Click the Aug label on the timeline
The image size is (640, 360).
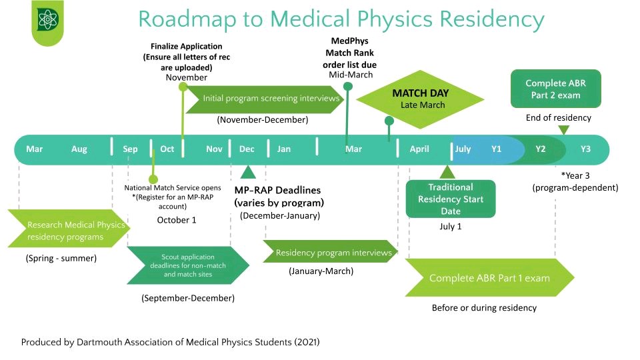pyautogui.click(x=79, y=149)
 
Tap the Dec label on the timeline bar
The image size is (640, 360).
pyautogui.click(x=247, y=149)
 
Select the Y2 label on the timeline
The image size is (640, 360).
pyautogui.click(x=541, y=149)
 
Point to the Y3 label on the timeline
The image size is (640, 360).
pyautogui.click(x=585, y=149)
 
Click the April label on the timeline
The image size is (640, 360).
pyautogui.click(x=419, y=149)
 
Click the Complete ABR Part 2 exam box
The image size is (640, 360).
pyautogui.click(x=556, y=89)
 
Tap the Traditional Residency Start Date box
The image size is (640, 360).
pyautogui.click(x=451, y=199)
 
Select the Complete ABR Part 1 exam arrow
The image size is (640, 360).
pyautogui.click(x=489, y=278)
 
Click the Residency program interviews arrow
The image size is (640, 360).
pyautogui.click(x=330, y=253)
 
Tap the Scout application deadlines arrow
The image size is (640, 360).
pyautogui.click(x=187, y=265)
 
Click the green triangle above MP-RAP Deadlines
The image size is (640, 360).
pyautogui.click(x=247, y=173)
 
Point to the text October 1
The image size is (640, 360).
pyautogui.click(x=177, y=220)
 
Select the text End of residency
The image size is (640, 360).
pyautogui.click(x=558, y=118)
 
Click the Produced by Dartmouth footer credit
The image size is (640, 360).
pyautogui.click(x=170, y=342)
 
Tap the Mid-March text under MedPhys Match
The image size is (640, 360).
pyautogui.click(x=351, y=75)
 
